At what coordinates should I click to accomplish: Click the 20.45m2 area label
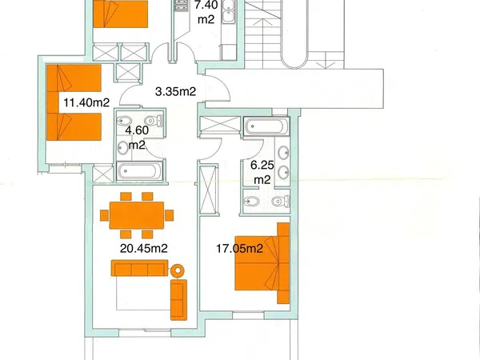[x=143, y=248]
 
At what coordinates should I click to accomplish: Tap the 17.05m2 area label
[x=240, y=248]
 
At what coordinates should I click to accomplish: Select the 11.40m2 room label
[x=86, y=102]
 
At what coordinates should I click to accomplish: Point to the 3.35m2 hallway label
[x=175, y=91]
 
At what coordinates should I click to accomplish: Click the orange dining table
[x=137, y=215]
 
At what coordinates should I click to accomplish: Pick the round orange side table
[x=178, y=270]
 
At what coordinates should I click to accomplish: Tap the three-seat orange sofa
[x=139, y=268]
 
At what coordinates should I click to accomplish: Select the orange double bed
[x=262, y=263]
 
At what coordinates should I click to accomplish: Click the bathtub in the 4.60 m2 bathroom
[x=139, y=171]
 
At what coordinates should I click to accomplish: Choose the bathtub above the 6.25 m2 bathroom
[x=266, y=126]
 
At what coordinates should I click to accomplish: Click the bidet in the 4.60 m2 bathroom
[x=124, y=121]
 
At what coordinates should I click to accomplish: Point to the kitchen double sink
[x=228, y=12]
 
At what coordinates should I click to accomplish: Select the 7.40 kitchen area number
[x=206, y=5]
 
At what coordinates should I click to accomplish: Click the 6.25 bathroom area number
[x=262, y=166]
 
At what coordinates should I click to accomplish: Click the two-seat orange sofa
[x=178, y=300]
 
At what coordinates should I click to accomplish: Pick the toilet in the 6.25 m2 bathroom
[x=281, y=201]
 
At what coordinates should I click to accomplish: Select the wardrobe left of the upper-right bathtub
[x=220, y=125]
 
